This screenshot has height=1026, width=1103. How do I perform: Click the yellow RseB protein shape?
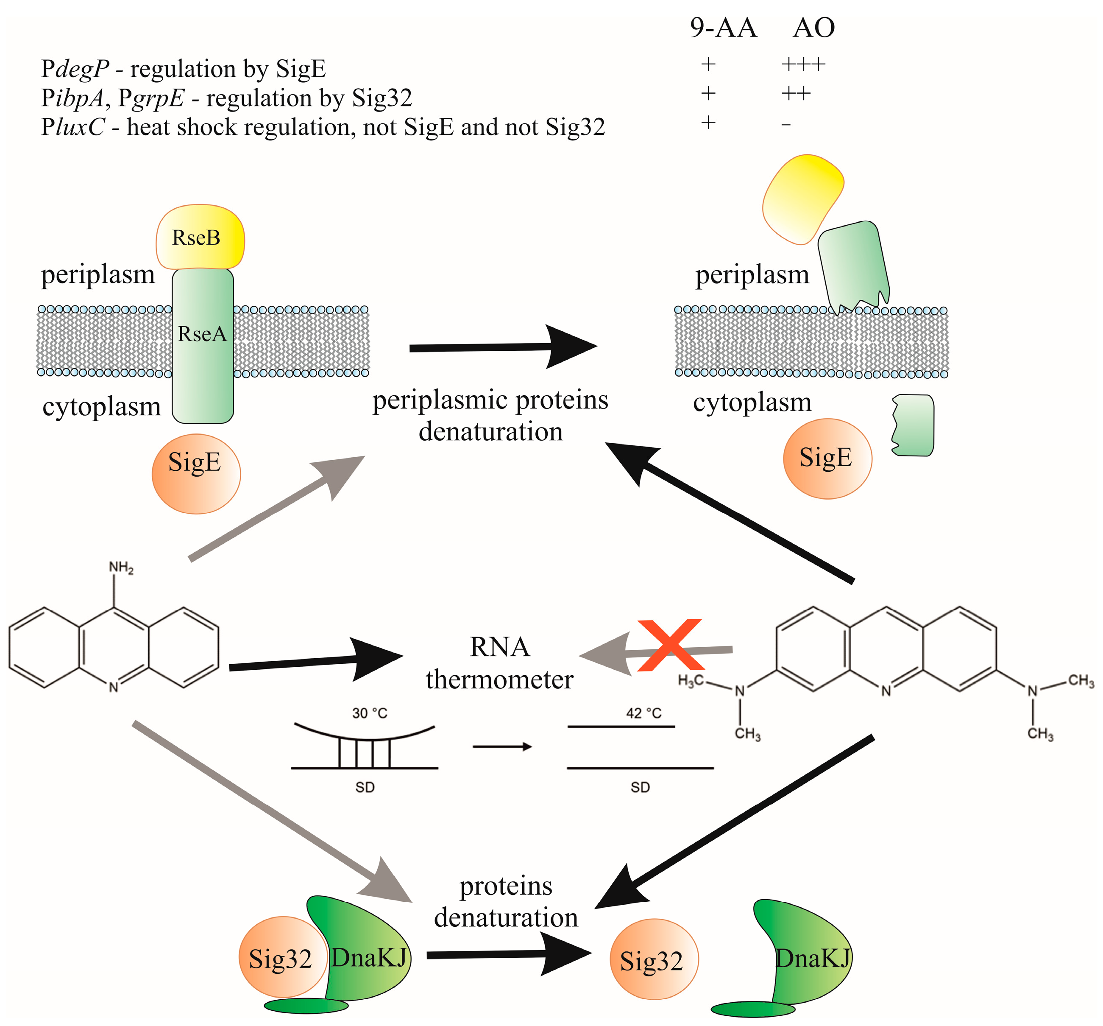(200, 237)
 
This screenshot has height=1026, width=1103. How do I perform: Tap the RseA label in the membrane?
(202, 334)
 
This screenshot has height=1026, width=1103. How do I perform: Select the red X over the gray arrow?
(670, 645)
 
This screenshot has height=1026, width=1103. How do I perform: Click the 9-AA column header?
(723, 28)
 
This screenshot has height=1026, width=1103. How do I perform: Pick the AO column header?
(813, 28)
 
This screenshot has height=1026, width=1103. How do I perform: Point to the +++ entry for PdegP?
(803, 64)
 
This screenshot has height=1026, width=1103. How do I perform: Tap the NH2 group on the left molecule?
(121, 568)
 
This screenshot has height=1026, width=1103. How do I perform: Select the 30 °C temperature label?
(370, 713)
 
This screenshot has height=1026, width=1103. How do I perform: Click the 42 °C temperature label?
(643, 713)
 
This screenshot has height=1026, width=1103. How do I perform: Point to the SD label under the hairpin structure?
(365, 787)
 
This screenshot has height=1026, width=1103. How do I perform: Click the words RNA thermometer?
(499, 663)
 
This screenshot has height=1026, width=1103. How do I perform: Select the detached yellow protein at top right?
(802, 197)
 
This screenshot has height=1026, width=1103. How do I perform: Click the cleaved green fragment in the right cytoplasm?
(913, 425)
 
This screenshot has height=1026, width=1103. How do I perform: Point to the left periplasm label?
(97, 274)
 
